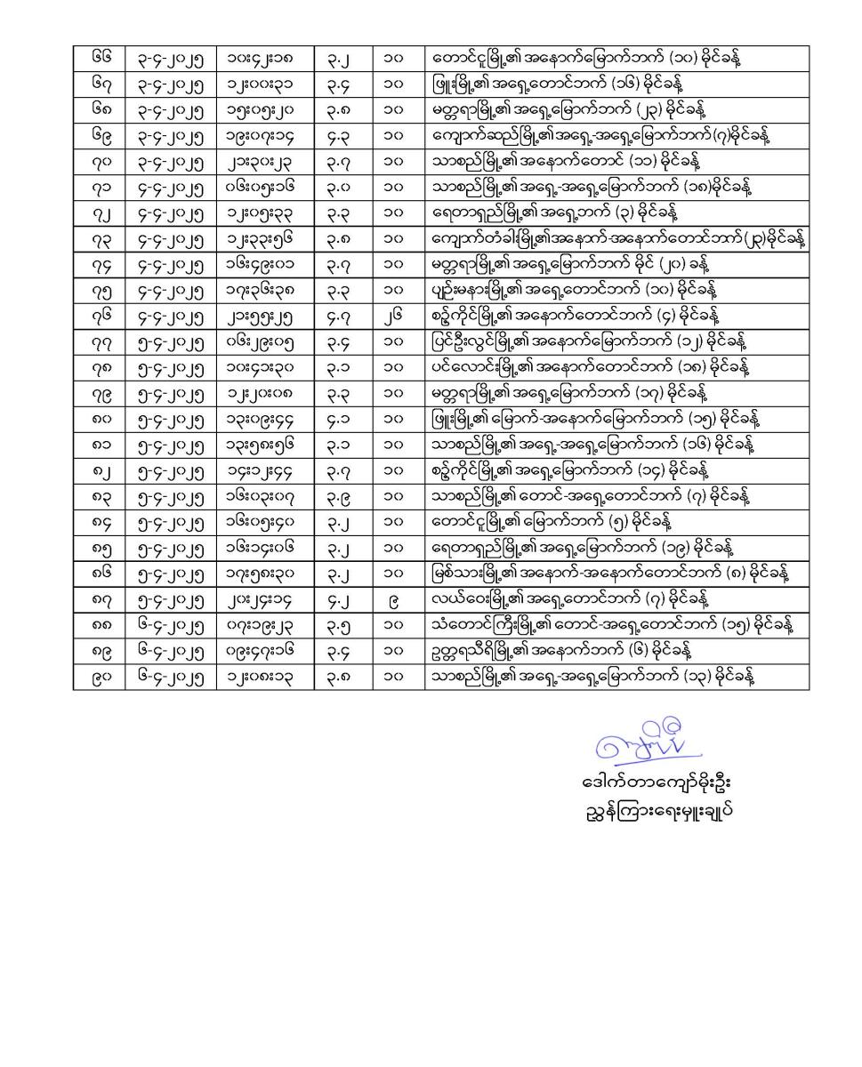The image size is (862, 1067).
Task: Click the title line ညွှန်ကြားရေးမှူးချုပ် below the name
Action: (x=655, y=811)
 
